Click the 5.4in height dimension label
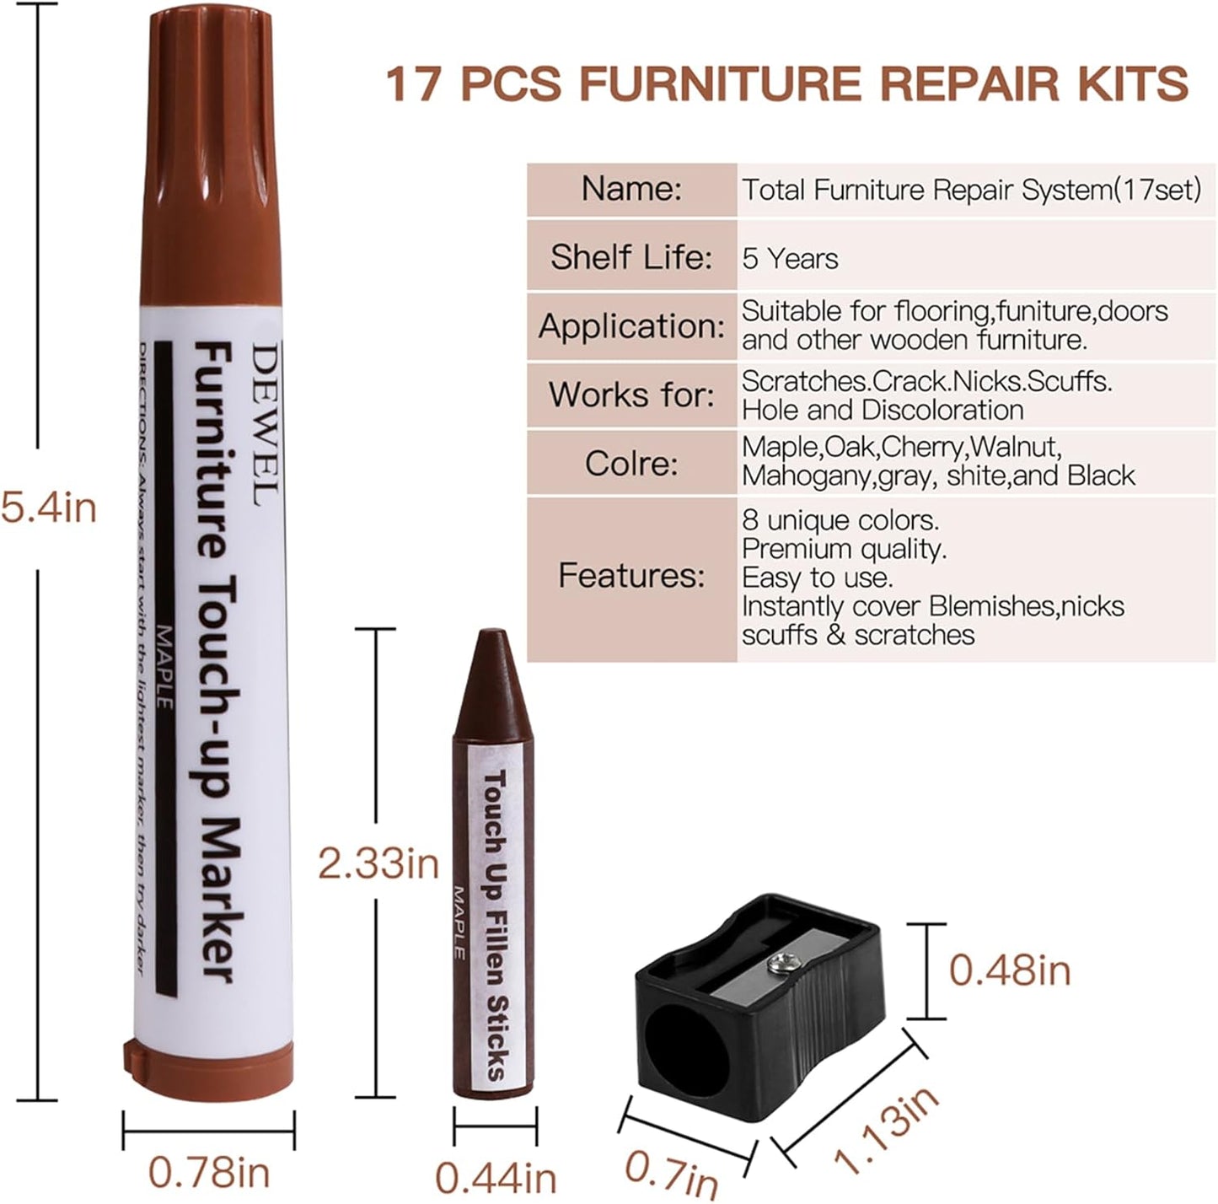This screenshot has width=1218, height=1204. click(49, 508)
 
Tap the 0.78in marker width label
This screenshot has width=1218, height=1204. click(209, 1172)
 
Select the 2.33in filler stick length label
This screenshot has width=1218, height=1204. click(378, 863)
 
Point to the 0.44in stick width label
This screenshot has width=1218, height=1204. click(496, 1178)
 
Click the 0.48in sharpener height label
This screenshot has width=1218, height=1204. click(1009, 970)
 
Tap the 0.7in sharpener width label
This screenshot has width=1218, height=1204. click(672, 1173)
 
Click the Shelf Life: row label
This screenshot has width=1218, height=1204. click(631, 257)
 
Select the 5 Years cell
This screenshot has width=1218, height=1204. click(790, 259)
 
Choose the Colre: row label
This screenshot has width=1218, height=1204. click(631, 463)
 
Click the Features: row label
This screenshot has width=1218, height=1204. click(631, 576)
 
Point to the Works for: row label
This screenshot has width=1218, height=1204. click(631, 395)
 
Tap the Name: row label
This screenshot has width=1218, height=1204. click(631, 189)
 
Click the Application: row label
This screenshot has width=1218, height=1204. click(631, 326)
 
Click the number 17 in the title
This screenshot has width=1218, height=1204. click(412, 83)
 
